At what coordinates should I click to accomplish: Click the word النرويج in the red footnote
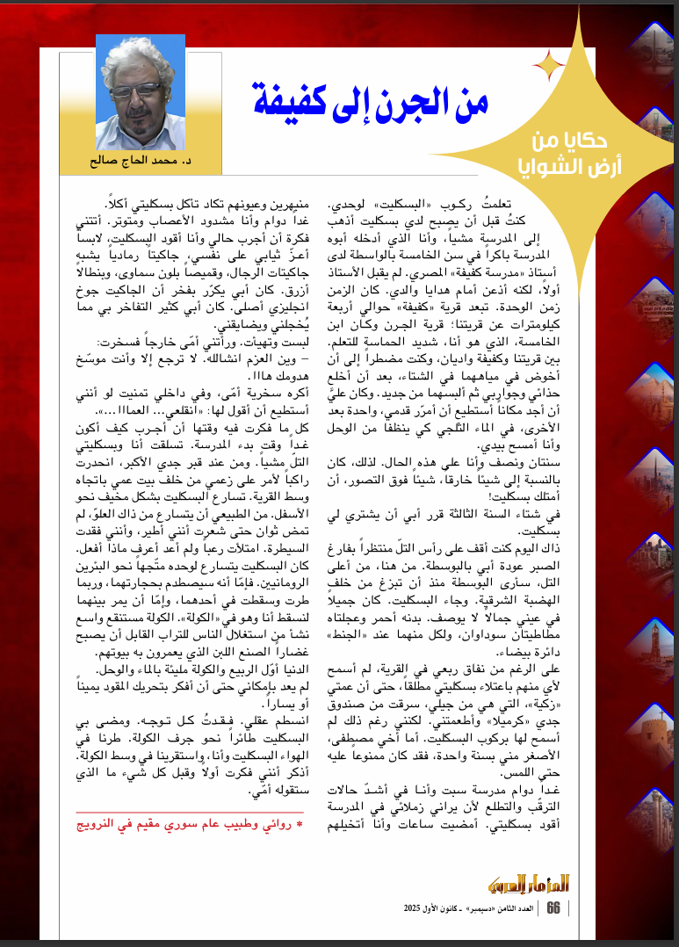[x=96, y=825]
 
